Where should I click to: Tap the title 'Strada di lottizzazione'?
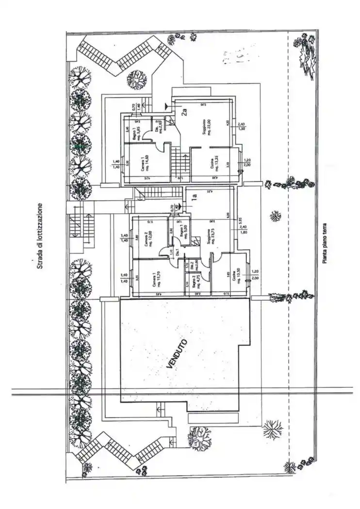(x=40, y=236)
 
